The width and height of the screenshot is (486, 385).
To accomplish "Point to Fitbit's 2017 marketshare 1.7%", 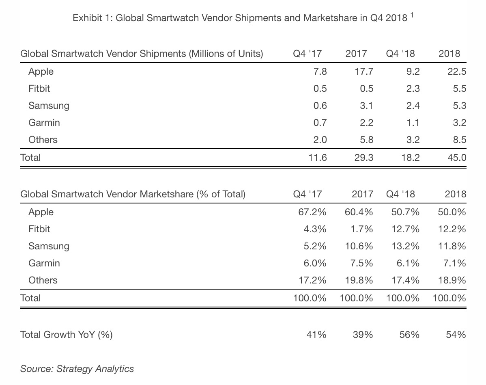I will pos(361,229).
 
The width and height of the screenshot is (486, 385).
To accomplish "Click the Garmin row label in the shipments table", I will pos(44,123).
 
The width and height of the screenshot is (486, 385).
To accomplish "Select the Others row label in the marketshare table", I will pos(43,280).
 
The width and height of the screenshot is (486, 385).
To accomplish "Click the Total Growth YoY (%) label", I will pos(67,335).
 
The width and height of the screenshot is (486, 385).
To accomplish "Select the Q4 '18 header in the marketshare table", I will pos(401,194).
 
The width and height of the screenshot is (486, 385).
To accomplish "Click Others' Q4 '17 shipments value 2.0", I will pos(319,140).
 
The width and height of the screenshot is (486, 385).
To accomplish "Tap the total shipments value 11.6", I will pos(317,157).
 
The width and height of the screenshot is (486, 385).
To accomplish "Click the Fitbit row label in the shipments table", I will pos(39,89).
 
